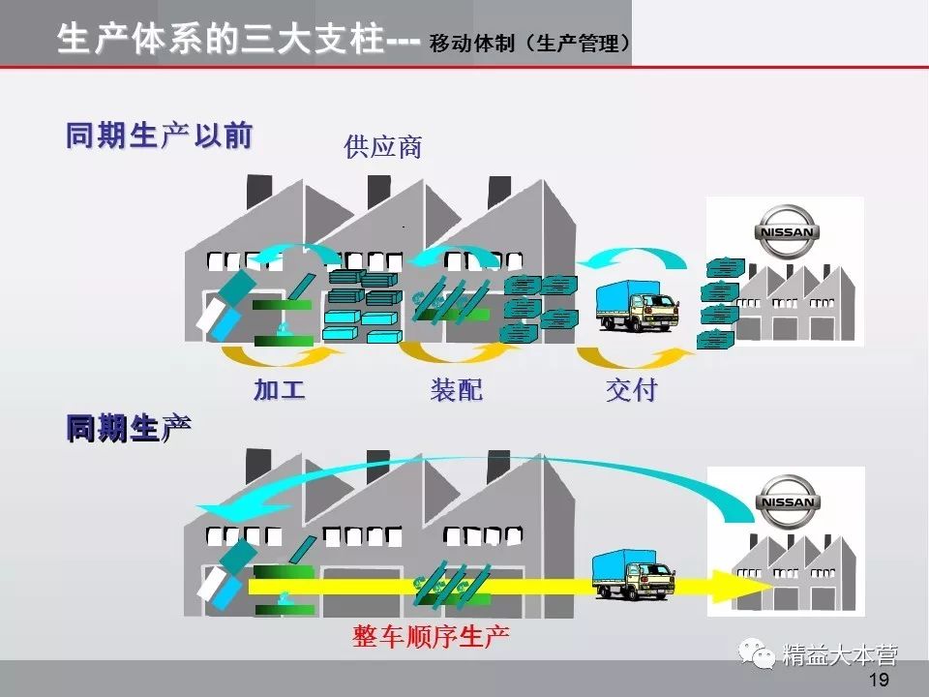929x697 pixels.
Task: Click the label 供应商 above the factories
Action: [x=383, y=148]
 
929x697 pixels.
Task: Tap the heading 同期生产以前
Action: [x=159, y=136]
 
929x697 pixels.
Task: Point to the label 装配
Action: [x=456, y=390]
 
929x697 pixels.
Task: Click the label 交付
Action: [x=631, y=390]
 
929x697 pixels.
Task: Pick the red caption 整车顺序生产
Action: [x=431, y=636]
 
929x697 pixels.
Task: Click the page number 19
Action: [x=879, y=680]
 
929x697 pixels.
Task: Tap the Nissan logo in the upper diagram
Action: [x=786, y=231]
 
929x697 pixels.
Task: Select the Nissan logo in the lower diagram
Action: [x=786, y=501]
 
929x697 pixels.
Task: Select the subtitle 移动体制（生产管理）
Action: [x=531, y=44]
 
